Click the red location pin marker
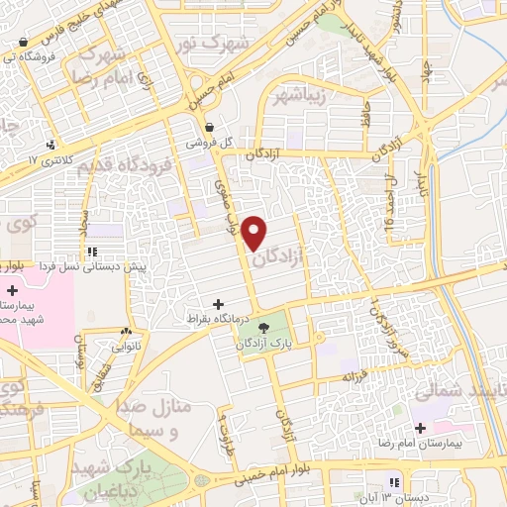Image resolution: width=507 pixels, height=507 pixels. (255, 232)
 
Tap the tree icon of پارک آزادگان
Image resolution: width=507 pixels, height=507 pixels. (263, 328)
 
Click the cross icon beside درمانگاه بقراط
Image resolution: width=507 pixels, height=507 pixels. (218, 304)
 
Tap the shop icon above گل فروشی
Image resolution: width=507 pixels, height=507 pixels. (210, 127)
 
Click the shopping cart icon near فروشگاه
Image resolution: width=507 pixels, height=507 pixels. (22, 43)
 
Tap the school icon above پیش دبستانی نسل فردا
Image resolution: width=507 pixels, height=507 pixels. (92, 252)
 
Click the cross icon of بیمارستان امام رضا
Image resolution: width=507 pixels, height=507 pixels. (421, 429)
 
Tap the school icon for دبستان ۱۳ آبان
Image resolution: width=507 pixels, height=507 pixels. (394, 482)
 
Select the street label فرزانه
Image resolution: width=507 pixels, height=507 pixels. (356, 377)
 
